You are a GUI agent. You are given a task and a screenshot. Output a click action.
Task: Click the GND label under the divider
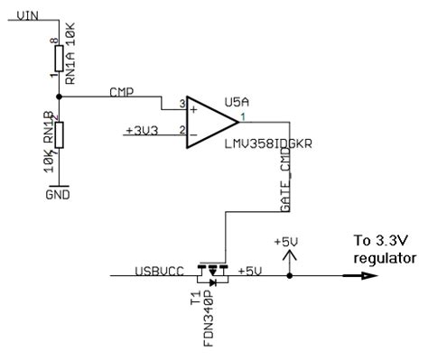pos(59,193)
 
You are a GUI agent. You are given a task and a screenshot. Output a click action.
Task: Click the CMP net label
pos(122,92)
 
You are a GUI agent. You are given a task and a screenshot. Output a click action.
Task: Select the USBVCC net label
pos(158,267)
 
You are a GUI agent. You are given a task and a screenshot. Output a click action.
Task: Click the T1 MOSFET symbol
pos(213,271)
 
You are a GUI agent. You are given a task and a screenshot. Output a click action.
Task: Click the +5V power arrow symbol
pos(289,256)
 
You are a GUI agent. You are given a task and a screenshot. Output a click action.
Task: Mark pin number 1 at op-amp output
pos(244,114)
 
